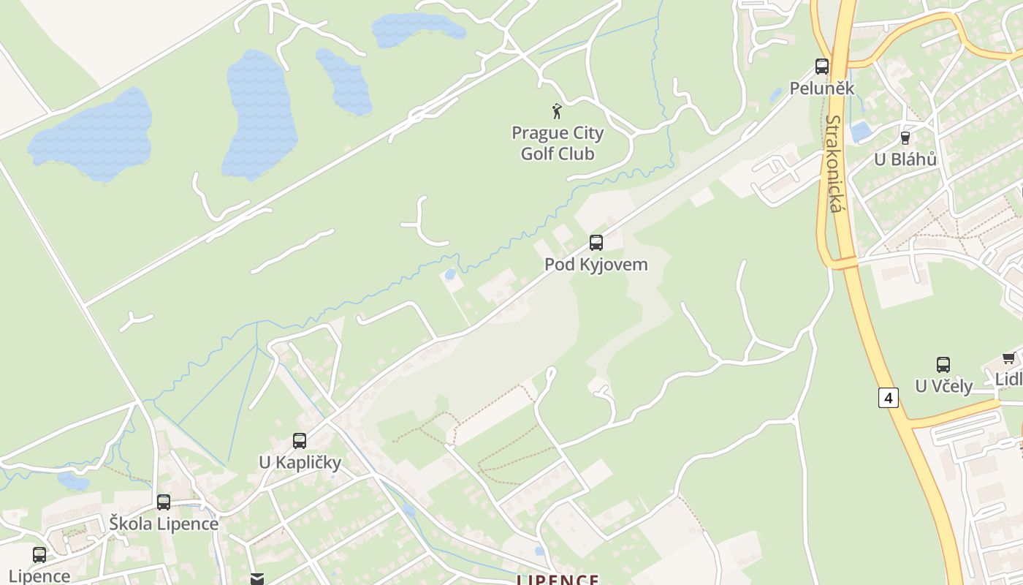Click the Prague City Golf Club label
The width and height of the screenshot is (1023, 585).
[558, 143]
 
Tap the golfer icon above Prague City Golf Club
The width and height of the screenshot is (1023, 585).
[557, 111]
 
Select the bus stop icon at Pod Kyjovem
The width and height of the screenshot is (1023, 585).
[596, 242]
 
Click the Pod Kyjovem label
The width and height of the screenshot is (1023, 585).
[596, 264]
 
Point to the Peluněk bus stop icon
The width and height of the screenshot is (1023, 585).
[822, 67]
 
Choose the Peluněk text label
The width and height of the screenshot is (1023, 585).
[822, 88]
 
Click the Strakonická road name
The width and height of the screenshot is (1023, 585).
[834, 164]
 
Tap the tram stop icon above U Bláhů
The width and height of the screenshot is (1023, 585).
[905, 137]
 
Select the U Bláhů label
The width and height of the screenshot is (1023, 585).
[905, 159]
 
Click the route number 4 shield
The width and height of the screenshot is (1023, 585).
[888, 398]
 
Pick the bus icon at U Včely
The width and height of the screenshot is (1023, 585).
[943, 364]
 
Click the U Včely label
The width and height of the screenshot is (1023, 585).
[943, 386]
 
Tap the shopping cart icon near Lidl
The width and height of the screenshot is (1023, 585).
[1009, 358]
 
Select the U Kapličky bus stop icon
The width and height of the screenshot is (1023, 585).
[300, 440]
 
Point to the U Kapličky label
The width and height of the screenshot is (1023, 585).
[300, 462]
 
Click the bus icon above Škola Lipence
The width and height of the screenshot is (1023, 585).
[164, 502]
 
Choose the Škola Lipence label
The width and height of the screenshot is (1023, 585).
[164, 524]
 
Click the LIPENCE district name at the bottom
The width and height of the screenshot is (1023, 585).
[558, 579]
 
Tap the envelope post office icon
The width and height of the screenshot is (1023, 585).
[256, 579]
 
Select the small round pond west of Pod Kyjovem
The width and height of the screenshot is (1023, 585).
[450, 274]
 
